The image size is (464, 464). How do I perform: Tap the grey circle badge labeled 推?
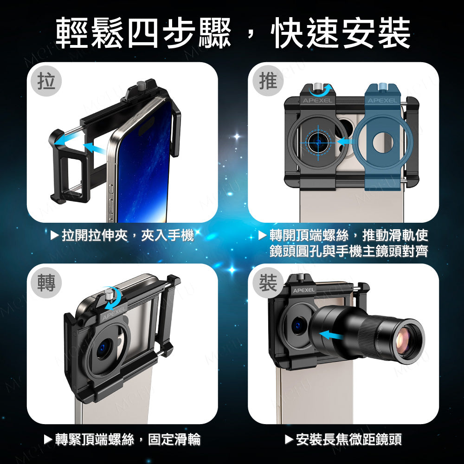[268, 81]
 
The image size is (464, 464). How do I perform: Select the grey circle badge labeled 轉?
[46, 283]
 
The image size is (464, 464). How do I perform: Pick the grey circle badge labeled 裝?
[268, 283]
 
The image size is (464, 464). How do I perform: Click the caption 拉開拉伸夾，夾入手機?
[122, 236]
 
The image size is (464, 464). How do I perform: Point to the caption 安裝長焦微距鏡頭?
[343, 439]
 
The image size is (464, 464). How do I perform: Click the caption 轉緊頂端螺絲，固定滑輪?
[122, 439]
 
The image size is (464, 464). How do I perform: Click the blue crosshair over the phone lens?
[318, 142]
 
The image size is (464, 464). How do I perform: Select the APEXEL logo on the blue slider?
[382, 101]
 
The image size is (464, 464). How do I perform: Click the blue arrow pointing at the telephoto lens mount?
[331, 335]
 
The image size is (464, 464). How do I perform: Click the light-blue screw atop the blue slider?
[382, 87]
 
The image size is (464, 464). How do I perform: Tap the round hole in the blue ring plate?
[383, 142]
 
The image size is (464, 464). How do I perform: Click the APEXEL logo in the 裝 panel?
[304, 290]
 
